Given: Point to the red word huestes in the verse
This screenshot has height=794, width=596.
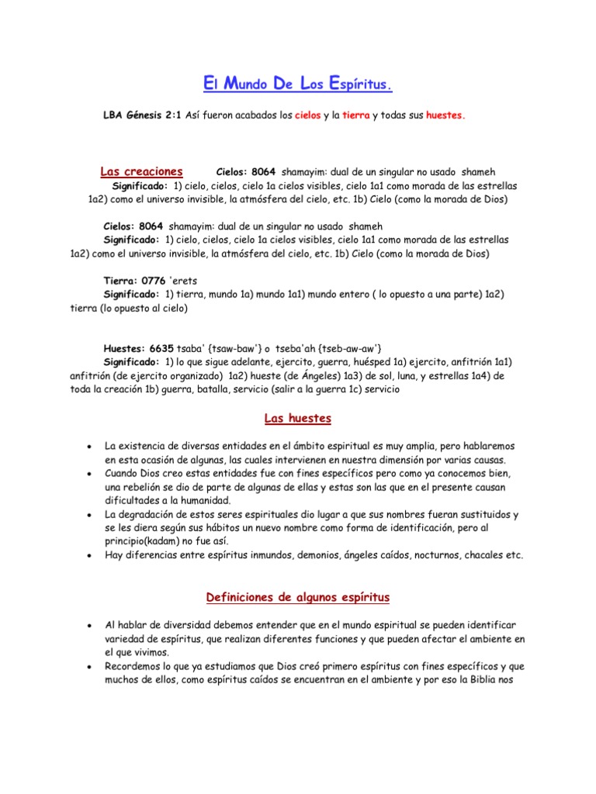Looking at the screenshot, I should pos(445,115).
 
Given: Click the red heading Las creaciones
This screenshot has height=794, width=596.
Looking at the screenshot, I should pos(141,171).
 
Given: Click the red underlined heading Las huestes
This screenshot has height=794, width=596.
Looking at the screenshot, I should pos(297,419).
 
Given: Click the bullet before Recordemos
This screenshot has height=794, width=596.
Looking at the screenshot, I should pos(92,666).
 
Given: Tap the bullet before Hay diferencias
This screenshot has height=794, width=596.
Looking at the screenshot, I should pos(92,555).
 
